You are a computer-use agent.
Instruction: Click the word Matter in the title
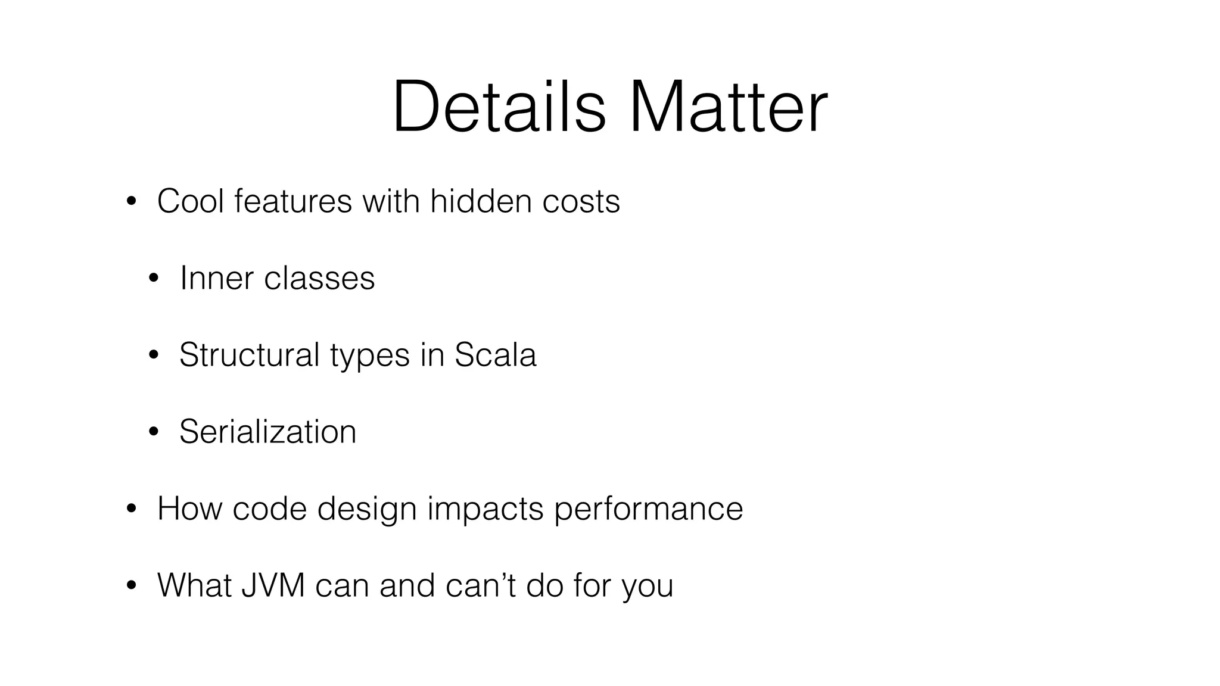pyautogui.click(x=727, y=107)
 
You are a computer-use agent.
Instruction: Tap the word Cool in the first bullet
pyautogui.click(x=191, y=201)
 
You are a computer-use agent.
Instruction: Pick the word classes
pyautogui.click(x=319, y=278)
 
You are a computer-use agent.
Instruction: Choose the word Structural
pyautogui.click(x=250, y=355)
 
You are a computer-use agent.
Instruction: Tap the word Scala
pyautogui.click(x=495, y=355)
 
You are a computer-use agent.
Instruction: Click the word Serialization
pyautogui.click(x=267, y=432)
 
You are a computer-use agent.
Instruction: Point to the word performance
pyautogui.click(x=648, y=510)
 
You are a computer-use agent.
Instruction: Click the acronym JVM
pyautogui.click(x=273, y=585)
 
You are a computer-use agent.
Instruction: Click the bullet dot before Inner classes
pyautogui.click(x=154, y=279)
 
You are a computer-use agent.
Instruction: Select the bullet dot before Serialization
pyautogui.click(x=154, y=432)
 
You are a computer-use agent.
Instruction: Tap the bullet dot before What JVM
pyautogui.click(x=131, y=586)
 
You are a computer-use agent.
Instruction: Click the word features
pyautogui.click(x=293, y=201)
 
